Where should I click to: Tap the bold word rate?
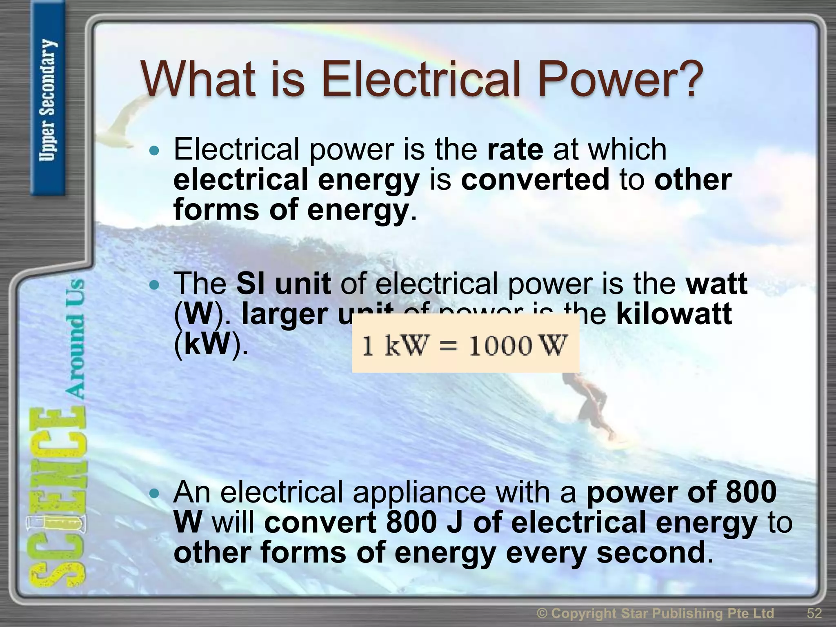(515, 149)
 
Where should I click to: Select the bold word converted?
(535, 180)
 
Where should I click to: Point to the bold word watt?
(717, 284)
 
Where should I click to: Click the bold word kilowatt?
(674, 314)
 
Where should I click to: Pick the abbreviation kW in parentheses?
(208, 344)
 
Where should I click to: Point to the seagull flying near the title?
(122, 118)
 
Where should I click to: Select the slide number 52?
(814, 613)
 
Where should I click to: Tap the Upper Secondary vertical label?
(48, 100)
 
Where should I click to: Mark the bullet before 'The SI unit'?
(154, 285)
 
